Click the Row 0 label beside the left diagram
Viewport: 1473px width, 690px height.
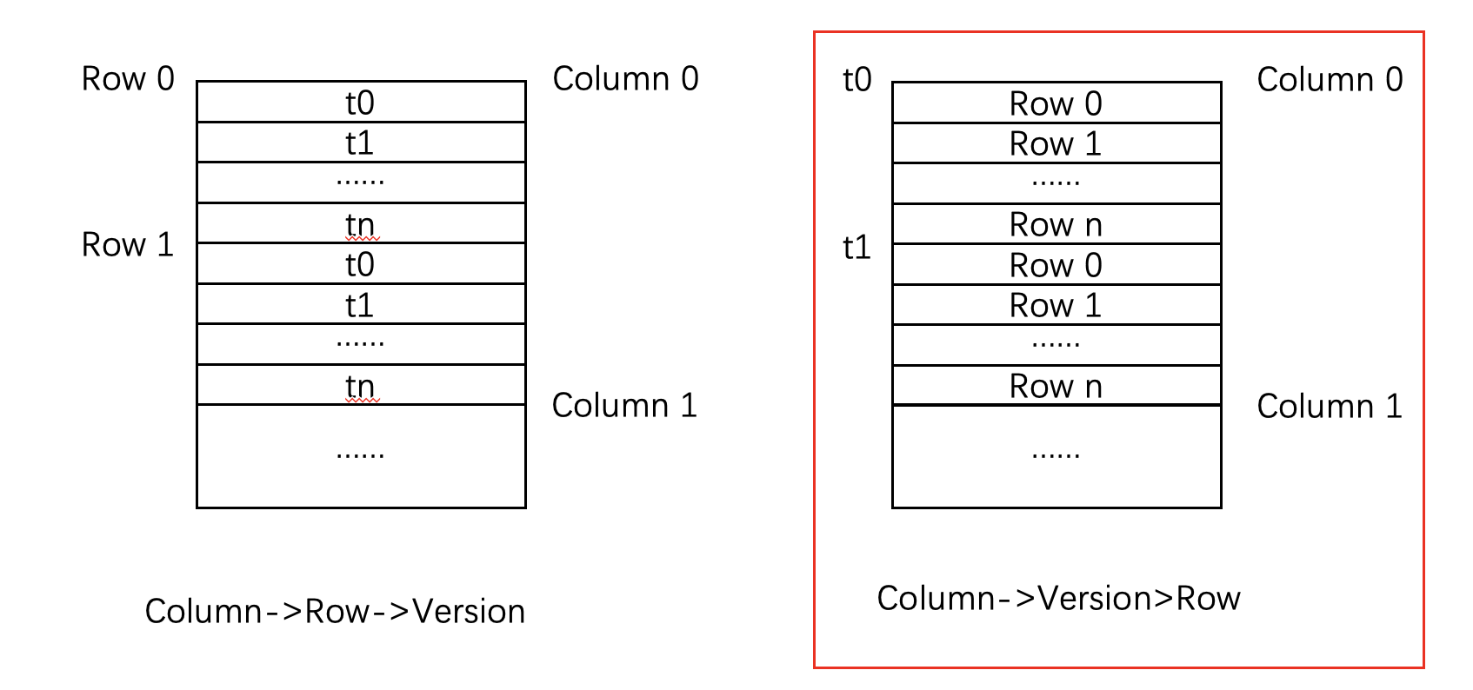point(128,79)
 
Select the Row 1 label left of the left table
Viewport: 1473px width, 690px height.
point(128,245)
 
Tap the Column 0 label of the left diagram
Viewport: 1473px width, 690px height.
point(625,79)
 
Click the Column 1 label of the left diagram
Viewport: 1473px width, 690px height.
point(624,406)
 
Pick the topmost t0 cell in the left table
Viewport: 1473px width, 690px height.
point(360,103)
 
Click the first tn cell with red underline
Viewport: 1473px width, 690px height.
point(360,224)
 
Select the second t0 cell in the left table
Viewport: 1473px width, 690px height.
point(360,264)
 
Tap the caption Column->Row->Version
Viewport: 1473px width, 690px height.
point(335,611)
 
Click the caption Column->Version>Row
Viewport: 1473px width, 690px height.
point(1058,598)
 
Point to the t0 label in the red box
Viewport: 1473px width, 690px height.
point(856,80)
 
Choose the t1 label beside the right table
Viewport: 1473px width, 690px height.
point(856,248)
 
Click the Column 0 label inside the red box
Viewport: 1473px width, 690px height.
point(1330,80)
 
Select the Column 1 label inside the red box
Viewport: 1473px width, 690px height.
point(1330,407)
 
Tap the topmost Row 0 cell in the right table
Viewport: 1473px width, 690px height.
point(1056,103)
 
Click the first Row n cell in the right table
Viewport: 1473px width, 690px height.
point(1056,225)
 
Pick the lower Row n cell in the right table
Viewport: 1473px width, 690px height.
point(1056,386)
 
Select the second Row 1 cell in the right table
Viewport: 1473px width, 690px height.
point(1056,305)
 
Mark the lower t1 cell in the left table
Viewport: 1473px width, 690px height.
point(360,305)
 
